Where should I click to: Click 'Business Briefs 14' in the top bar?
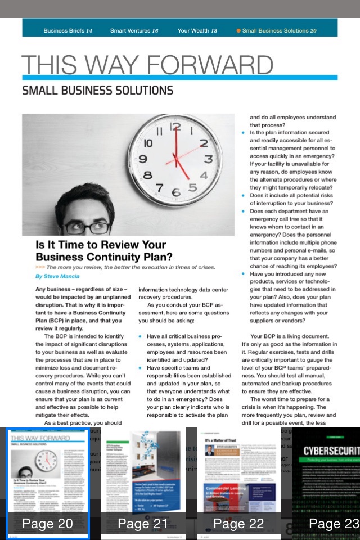pyautogui.click(x=67, y=31)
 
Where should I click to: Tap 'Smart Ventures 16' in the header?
pyautogui.click(x=134, y=31)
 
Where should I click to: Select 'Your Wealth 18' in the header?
pyautogui.click(x=197, y=31)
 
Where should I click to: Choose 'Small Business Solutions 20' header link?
pyautogui.click(x=279, y=31)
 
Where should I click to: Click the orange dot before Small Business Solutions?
pyautogui.click(x=238, y=31)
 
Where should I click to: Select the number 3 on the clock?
pyautogui.click(x=208, y=159)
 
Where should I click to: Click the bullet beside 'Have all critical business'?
pyautogui.click(x=140, y=336)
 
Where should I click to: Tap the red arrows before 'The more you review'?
pyautogui.click(x=40, y=267)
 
